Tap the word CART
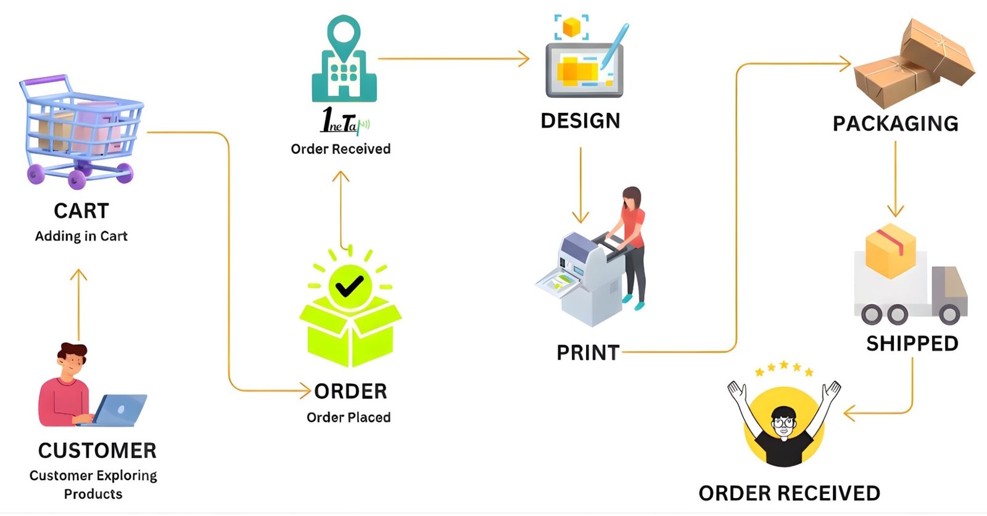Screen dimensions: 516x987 click(81, 211)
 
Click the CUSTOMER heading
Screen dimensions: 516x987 click(97, 451)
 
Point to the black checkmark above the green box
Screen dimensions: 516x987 click(349, 285)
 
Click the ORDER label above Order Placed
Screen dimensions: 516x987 click(350, 391)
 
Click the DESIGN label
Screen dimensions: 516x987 click(580, 121)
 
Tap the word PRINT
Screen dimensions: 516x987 click(588, 353)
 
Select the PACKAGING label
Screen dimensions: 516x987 click(895, 124)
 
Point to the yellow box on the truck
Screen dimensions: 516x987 click(890, 251)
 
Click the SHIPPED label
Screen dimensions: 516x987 click(912, 343)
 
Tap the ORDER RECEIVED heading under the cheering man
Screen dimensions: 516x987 click(789, 493)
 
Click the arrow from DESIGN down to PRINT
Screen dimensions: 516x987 click(580, 185)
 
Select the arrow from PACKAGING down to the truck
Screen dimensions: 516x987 click(896, 179)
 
